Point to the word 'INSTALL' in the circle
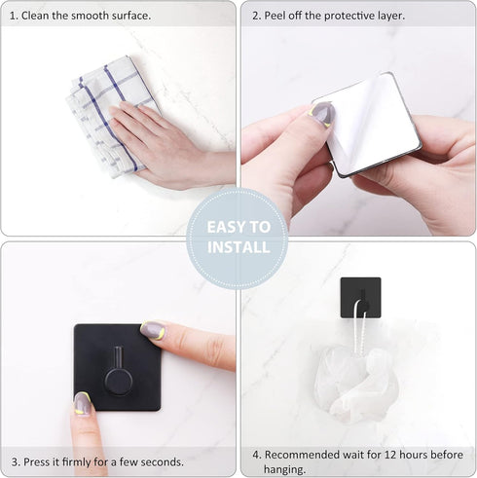(x=238, y=247)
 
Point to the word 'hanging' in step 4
(x=290, y=468)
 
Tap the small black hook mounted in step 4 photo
(x=360, y=298)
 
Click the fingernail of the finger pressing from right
(x=152, y=331)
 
